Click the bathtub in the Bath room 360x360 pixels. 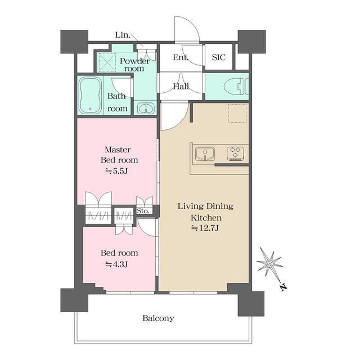point(90,95)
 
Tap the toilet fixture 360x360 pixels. point(236,86)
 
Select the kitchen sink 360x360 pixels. point(205,154)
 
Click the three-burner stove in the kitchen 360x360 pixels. point(235,153)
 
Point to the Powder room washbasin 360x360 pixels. point(146,109)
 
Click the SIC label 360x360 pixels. point(219,57)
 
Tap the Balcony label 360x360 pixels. point(159,318)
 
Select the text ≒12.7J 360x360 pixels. point(205,228)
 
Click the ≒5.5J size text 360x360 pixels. point(116,171)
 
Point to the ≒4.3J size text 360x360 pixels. point(116,264)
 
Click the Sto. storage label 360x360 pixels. point(143,211)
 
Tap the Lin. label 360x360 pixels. point(123,35)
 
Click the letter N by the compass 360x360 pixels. point(283,287)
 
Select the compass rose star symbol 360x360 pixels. point(269,263)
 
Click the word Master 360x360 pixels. point(118,150)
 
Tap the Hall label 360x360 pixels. point(181,87)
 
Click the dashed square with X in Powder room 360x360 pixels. point(107,62)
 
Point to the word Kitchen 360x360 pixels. point(206,218)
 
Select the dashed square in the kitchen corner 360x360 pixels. point(237,113)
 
